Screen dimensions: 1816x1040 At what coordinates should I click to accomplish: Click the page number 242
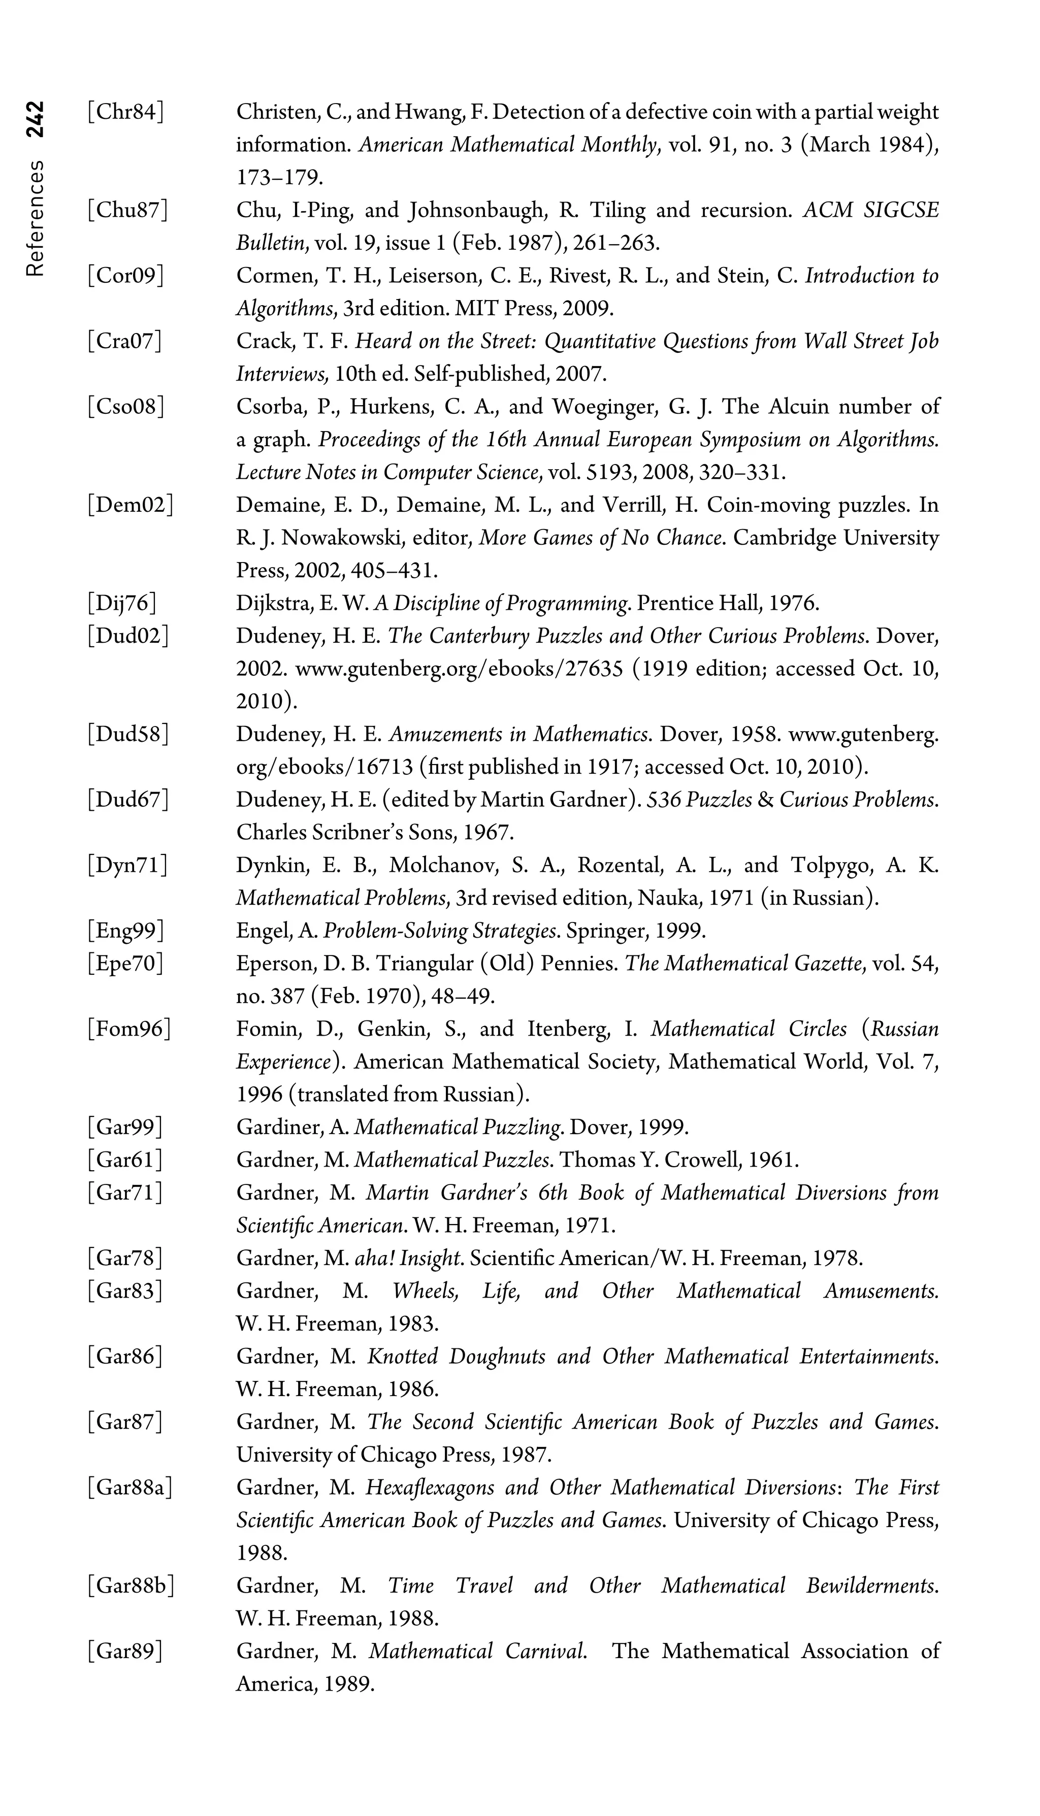click(35, 118)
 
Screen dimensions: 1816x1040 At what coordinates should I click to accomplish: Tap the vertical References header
click(35, 218)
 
